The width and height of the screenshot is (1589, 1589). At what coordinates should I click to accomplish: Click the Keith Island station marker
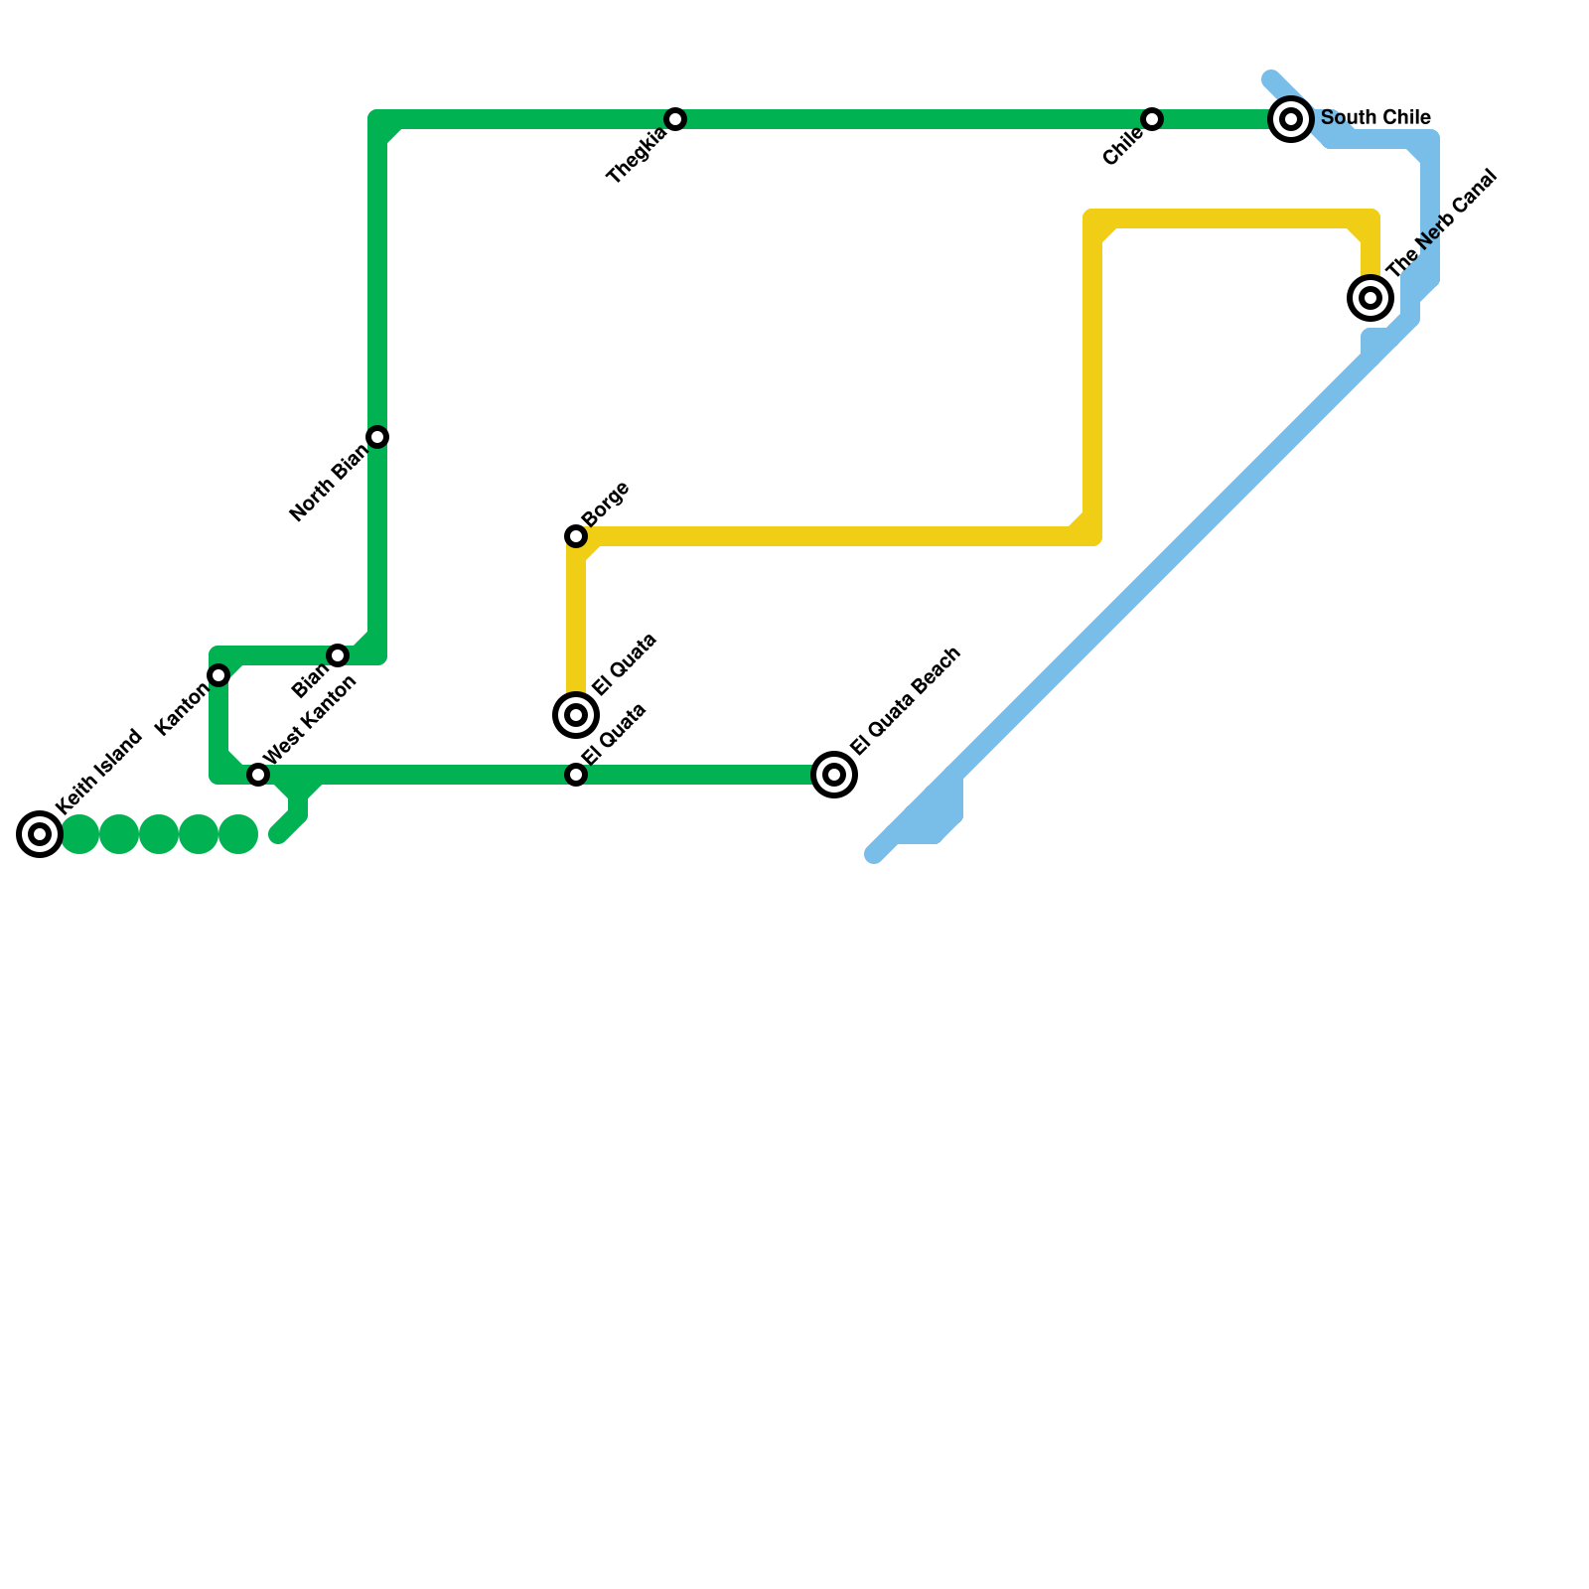pyautogui.click(x=40, y=834)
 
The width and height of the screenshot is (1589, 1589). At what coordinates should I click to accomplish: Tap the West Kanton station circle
pyautogui.click(x=258, y=775)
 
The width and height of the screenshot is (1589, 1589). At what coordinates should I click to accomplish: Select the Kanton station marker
pyautogui.click(x=218, y=675)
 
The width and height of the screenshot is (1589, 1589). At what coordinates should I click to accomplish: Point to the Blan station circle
pyautogui.click(x=338, y=655)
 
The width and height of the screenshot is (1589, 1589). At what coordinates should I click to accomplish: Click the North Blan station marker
pyautogui.click(x=377, y=437)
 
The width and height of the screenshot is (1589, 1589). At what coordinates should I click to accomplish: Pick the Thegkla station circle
pyautogui.click(x=675, y=119)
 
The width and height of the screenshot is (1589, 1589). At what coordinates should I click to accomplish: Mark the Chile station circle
pyautogui.click(x=1152, y=119)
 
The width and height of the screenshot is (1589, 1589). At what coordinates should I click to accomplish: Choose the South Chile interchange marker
pyautogui.click(x=1291, y=119)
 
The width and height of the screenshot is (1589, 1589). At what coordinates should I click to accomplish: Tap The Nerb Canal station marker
pyautogui.click(x=1371, y=297)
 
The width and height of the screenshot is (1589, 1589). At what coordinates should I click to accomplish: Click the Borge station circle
pyautogui.click(x=576, y=536)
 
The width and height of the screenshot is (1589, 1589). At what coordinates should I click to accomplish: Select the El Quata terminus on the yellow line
pyautogui.click(x=576, y=714)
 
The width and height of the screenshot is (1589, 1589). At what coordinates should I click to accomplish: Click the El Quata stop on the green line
pyautogui.click(x=576, y=775)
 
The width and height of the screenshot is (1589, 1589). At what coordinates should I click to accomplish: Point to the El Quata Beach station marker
pyautogui.click(x=834, y=775)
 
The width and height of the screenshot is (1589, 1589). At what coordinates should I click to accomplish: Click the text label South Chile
pyautogui.click(x=1375, y=118)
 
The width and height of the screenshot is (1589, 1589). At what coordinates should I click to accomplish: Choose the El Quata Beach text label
pyautogui.click(x=906, y=699)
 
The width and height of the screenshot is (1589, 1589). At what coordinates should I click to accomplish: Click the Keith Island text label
pyautogui.click(x=99, y=772)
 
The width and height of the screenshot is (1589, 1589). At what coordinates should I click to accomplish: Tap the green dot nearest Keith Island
pyautogui.click(x=79, y=834)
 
